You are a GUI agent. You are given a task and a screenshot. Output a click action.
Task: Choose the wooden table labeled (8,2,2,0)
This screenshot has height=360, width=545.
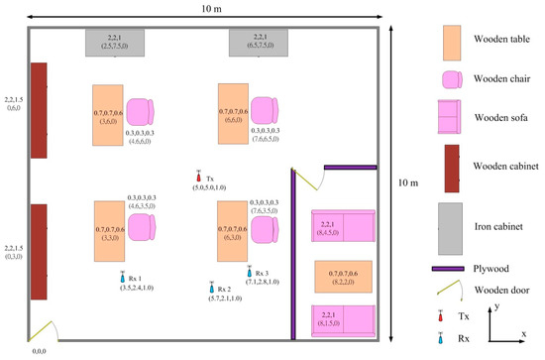343,277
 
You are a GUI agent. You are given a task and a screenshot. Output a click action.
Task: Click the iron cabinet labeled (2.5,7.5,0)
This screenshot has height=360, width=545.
114,42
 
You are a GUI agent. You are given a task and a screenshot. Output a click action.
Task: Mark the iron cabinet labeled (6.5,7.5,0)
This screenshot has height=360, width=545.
258,43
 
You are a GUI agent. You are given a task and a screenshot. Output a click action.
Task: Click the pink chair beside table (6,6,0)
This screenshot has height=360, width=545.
265,111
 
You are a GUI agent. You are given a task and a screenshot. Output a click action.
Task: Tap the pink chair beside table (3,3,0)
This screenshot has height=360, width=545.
141,226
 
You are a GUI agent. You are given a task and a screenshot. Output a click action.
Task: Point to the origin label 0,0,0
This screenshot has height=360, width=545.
40,350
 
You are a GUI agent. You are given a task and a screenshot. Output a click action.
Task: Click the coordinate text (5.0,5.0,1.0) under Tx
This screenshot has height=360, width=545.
209,186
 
